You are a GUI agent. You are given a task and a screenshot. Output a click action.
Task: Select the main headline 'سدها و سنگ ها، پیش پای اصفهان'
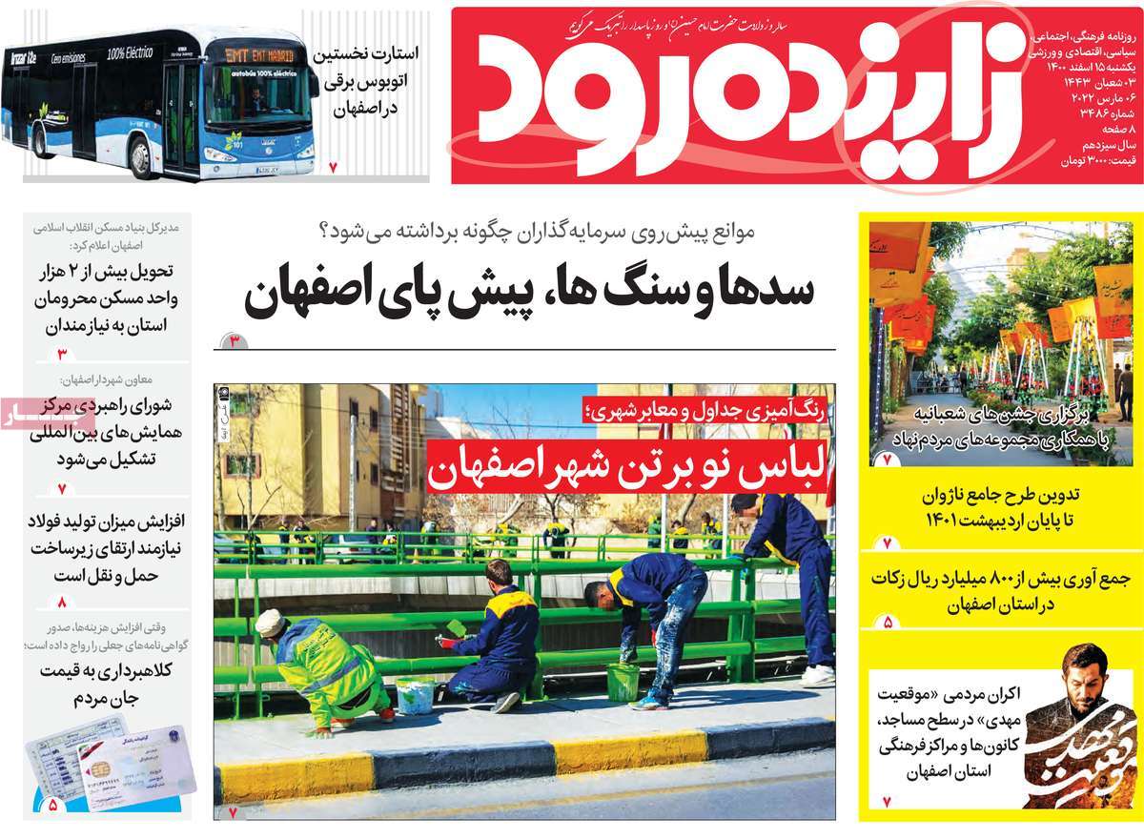pos(530,293)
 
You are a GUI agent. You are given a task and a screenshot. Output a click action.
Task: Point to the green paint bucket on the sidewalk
pos(622,682)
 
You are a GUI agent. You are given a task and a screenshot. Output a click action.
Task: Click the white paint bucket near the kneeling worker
pos(416,694)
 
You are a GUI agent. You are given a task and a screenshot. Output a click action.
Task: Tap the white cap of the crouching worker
pos(270,621)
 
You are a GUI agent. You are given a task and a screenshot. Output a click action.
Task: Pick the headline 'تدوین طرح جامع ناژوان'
pos(1000,508)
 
